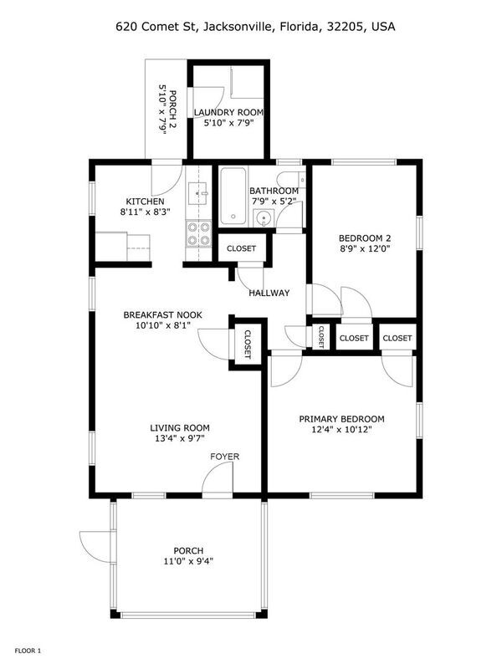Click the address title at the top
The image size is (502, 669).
[255, 27]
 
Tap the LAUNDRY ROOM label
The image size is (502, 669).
[228, 113]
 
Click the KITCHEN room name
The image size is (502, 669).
[145, 202]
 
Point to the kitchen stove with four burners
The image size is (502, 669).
[198, 233]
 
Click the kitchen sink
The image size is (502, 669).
[198, 194]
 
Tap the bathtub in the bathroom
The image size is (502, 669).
[233, 197]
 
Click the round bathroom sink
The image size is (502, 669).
[264, 219]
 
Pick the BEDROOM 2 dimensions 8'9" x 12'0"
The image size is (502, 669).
[365, 248]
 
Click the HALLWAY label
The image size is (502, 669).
[269, 294]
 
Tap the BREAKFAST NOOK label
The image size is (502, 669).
[162, 315]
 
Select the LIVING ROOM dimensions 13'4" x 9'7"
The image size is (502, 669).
[180, 438]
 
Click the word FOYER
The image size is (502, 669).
[224, 457]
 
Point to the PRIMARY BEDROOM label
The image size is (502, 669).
[341, 420]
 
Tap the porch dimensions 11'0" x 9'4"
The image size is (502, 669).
[188, 561]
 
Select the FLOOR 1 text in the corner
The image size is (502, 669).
[28, 651]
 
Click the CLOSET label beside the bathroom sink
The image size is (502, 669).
[242, 248]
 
